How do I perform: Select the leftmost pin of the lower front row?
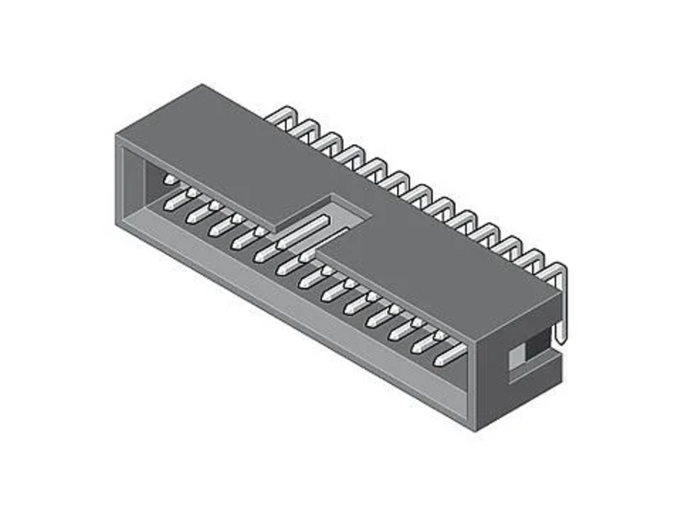click(175, 202)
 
